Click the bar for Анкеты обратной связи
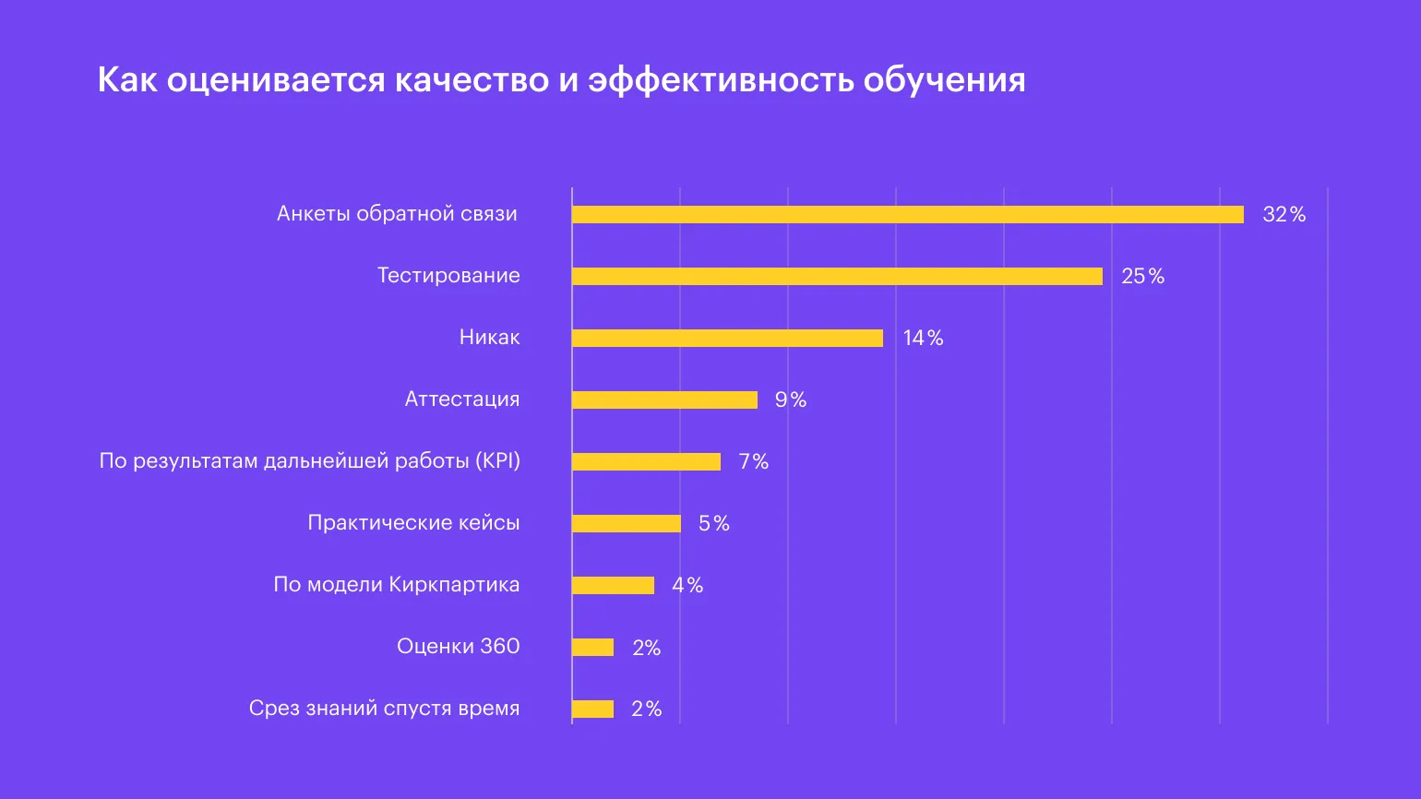tap(907, 215)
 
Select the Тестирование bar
tap(837, 276)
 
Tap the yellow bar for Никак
tap(727, 338)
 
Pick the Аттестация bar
tap(664, 399)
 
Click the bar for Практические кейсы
tap(626, 523)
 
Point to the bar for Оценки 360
tap(592, 647)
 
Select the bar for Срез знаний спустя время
tap(592, 709)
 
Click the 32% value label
tap(1284, 215)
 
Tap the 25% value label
tap(1142, 276)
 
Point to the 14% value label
tap(923, 338)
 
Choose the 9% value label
tap(791, 399)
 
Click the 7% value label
tap(753, 461)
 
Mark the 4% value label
tap(687, 585)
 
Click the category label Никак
tap(489, 338)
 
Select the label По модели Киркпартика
tap(396, 585)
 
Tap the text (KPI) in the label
tap(498, 461)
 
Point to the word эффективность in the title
tap(721, 80)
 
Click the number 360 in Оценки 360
tap(499, 646)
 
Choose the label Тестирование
tap(448, 276)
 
